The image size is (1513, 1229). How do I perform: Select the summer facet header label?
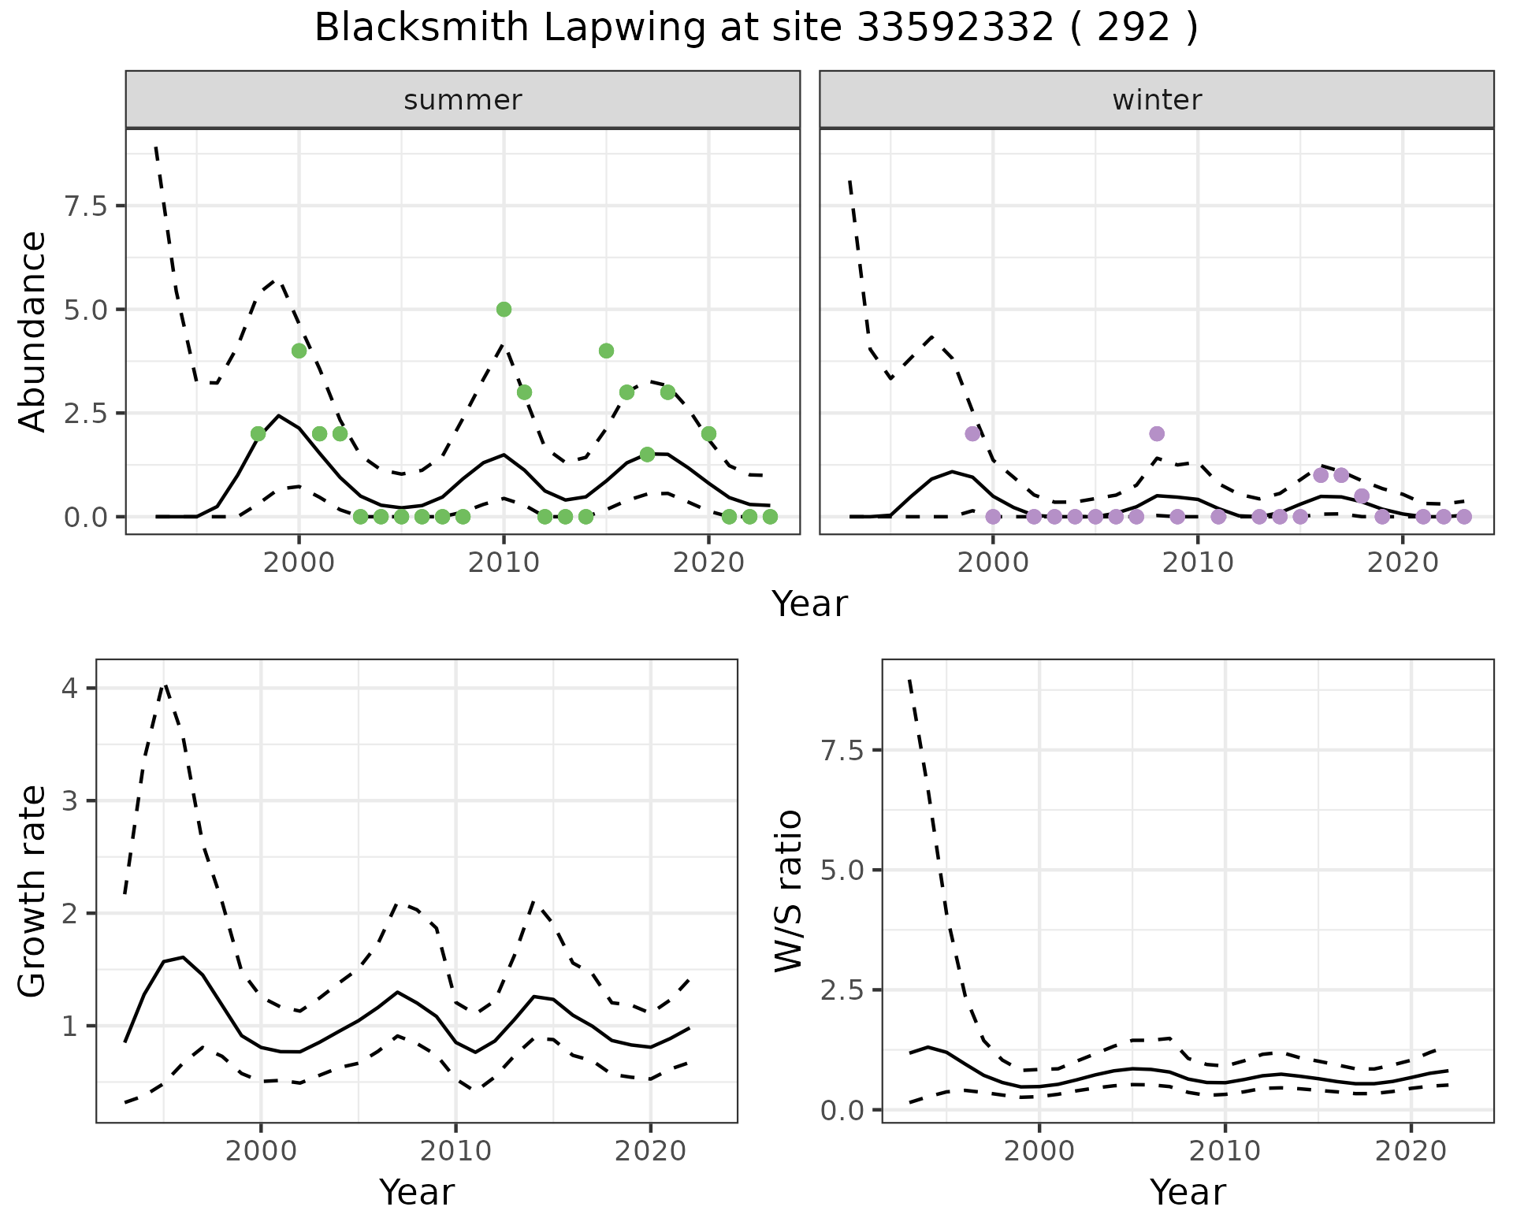pyautogui.click(x=463, y=100)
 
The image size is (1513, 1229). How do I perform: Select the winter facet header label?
pyautogui.click(x=1157, y=100)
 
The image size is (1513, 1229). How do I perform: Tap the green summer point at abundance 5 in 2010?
pyautogui.click(x=504, y=310)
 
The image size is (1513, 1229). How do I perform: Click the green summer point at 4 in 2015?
pyautogui.click(x=606, y=351)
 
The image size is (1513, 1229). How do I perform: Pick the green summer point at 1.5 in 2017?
pyautogui.click(x=647, y=455)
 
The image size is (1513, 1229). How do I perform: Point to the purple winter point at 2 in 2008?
pyautogui.click(x=1157, y=433)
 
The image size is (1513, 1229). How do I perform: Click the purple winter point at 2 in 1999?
pyautogui.click(x=972, y=433)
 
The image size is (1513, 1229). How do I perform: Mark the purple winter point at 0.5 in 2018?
pyautogui.click(x=1362, y=496)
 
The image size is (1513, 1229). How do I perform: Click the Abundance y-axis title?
pyautogui.click(x=33, y=332)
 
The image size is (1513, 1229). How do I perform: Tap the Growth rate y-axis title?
pyautogui.click(x=33, y=891)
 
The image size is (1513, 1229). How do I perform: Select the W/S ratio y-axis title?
pyautogui.click(x=789, y=891)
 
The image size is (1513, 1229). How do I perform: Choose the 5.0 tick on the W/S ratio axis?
pyautogui.click(x=842, y=871)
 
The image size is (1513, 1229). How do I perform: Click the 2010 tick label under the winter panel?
pyautogui.click(x=1197, y=563)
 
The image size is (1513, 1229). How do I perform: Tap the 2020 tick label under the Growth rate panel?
pyautogui.click(x=650, y=1151)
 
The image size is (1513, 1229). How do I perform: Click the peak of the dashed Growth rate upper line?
pyautogui.click(x=164, y=685)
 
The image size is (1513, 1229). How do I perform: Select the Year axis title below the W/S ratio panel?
pyautogui.click(x=1188, y=1193)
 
